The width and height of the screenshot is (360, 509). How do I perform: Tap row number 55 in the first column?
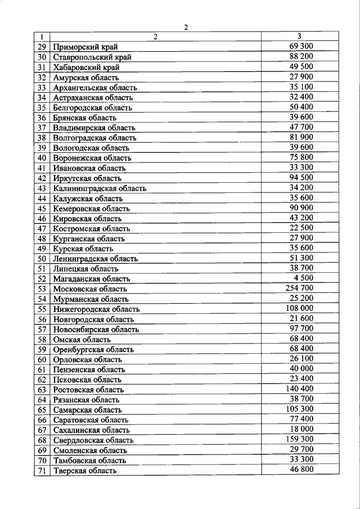[42, 309]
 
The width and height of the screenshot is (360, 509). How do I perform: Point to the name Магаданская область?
[92, 278]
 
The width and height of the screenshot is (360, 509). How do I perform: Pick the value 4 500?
[304, 278]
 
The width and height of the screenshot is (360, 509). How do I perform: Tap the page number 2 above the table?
[186, 26]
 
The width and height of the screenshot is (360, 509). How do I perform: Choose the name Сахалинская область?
[93, 430]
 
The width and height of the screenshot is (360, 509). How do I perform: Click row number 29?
[42, 47]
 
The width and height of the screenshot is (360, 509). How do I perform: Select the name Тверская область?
[85, 470]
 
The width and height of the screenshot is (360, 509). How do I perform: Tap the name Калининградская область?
[100, 188]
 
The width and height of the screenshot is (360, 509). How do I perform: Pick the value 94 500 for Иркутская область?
[302, 178]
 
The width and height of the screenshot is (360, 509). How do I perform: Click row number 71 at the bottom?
[42, 470]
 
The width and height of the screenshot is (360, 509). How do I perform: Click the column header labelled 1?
[42, 37]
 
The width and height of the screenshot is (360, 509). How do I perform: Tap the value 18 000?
[302, 429]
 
